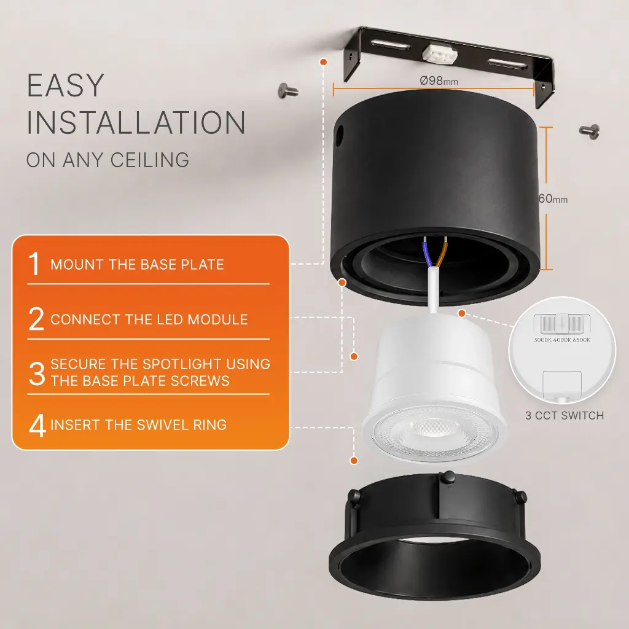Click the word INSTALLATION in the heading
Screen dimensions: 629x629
click(136, 122)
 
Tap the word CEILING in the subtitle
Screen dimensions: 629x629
click(150, 160)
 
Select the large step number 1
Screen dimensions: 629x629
click(35, 264)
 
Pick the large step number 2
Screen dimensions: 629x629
click(36, 319)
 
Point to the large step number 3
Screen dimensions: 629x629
click(37, 373)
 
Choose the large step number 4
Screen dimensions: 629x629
click(37, 425)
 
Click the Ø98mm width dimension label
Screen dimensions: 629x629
click(439, 80)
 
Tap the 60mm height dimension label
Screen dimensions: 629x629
click(553, 198)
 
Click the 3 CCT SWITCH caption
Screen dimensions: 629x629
click(565, 416)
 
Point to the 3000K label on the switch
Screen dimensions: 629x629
click(543, 340)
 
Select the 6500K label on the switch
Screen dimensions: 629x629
click(582, 340)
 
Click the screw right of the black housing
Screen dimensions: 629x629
click(589, 131)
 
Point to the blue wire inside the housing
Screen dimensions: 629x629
click(428, 252)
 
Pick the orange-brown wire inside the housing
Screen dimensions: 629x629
click(442, 252)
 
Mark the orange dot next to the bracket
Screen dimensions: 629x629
click(324, 62)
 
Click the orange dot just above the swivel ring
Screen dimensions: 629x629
click(354, 461)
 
